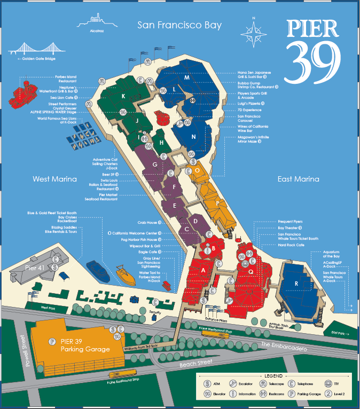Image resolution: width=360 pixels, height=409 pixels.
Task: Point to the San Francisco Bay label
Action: pos(179,25)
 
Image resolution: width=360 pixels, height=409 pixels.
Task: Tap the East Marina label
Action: pos(298,179)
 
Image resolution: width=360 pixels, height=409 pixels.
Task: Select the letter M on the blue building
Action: pos(187,77)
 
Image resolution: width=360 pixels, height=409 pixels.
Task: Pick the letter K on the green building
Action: pos(123,97)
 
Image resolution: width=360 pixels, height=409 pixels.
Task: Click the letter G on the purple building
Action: pos(154,166)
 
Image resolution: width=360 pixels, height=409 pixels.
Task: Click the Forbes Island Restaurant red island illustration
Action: pos(25,89)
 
